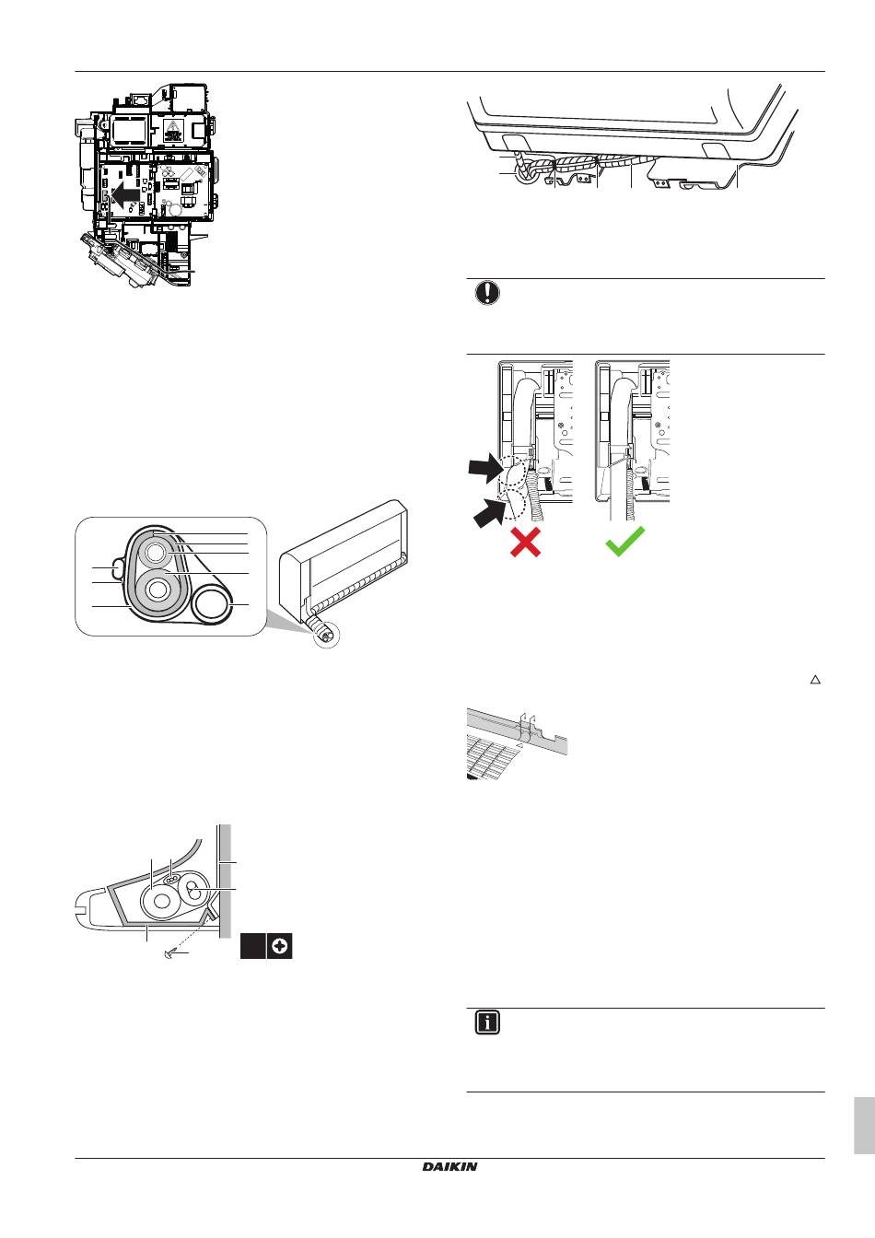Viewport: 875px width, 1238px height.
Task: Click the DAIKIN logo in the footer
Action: pos(449,1166)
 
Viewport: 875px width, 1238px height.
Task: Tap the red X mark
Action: pos(525,543)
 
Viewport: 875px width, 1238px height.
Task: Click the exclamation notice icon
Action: pos(487,294)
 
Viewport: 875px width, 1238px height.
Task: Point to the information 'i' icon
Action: pos(487,1023)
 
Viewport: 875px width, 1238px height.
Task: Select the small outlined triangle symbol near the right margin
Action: pos(814,680)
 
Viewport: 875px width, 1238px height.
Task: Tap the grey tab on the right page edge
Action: pos(863,1125)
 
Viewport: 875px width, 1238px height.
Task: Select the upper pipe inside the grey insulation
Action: pos(156,553)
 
